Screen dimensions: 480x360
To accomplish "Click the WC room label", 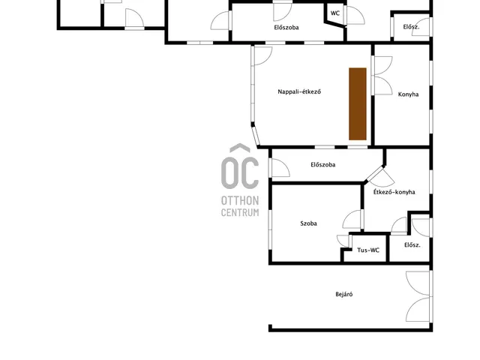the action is (x=335, y=13).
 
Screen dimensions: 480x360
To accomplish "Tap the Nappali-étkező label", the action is (x=299, y=91).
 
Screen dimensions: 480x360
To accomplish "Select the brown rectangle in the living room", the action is (x=358, y=103).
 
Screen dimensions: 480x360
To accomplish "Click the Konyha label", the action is (x=408, y=94).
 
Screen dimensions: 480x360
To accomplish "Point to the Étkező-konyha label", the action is (x=394, y=192).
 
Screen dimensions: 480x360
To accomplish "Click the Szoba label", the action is (x=308, y=223).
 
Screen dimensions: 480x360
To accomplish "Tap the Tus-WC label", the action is (x=368, y=250).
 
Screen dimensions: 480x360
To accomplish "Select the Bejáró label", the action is (x=344, y=294).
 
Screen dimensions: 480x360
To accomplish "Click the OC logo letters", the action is (x=240, y=166).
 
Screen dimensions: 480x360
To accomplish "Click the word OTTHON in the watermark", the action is (x=240, y=201).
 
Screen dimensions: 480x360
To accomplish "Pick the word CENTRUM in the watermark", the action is (x=240, y=212).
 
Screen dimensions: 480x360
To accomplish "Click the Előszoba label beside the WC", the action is (x=286, y=27).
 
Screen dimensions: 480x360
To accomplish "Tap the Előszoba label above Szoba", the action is (x=323, y=165).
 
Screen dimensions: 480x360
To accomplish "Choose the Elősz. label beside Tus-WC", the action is (x=412, y=245).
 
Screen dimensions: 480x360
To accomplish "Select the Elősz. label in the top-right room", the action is (x=411, y=27).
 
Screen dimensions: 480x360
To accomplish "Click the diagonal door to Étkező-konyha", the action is (x=380, y=177).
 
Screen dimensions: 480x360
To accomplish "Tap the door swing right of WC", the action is (x=355, y=15).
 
